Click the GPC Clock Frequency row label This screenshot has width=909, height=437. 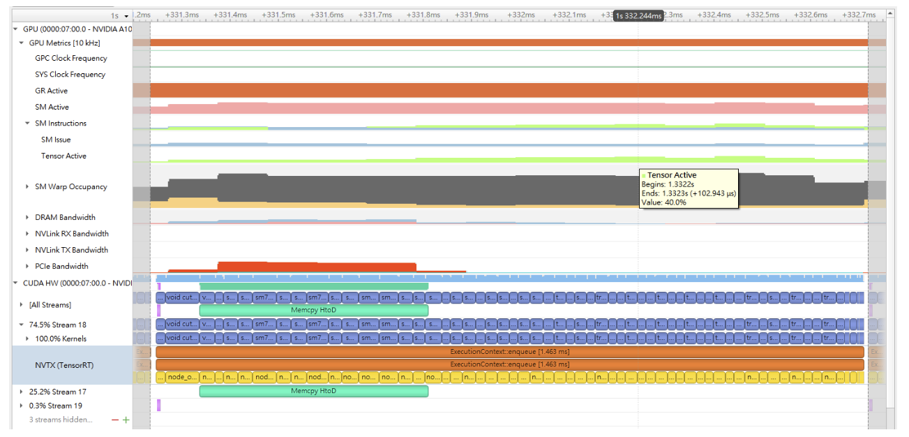71,59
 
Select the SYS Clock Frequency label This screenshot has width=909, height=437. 70,75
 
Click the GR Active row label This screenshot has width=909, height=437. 52,91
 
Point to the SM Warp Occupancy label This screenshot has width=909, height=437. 71,187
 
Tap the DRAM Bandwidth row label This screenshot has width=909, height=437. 66,218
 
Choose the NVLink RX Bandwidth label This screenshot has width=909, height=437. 72,234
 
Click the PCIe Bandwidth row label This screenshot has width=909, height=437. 62,267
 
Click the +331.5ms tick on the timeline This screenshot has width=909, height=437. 280,15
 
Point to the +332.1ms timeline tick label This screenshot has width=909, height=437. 569,15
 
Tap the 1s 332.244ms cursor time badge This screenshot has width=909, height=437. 638,15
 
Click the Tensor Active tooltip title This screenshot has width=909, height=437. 672,175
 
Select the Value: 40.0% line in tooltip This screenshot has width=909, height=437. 663,202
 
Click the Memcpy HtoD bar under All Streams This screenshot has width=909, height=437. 313,310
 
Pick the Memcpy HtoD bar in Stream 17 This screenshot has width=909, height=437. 313,391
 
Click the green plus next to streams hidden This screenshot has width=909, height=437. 126,420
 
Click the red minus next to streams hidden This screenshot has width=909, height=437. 115,420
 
